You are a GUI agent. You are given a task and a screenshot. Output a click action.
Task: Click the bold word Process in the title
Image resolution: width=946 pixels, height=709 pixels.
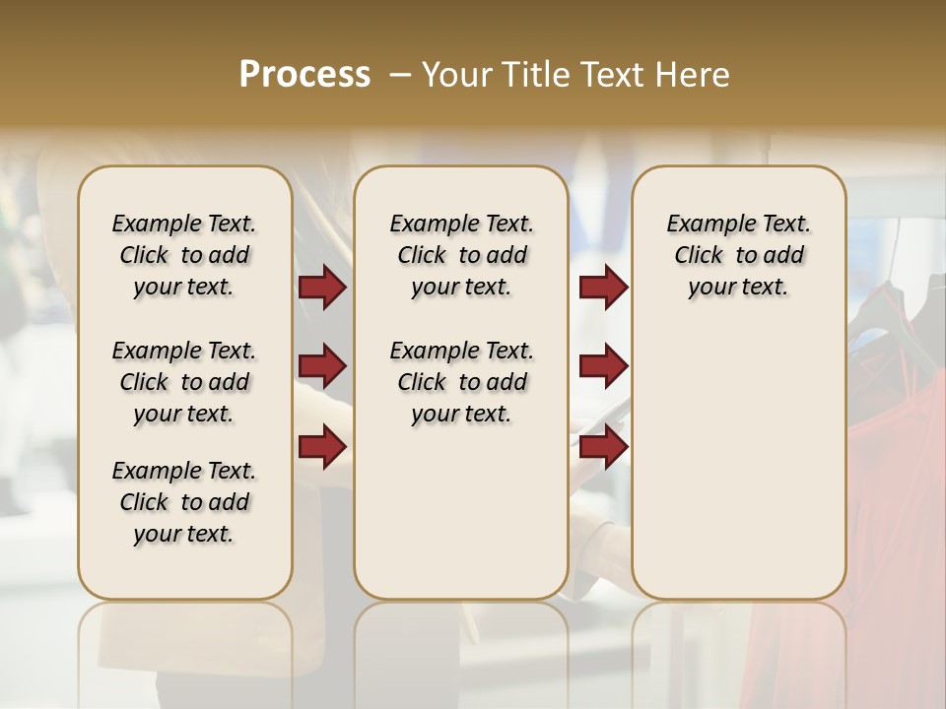[x=304, y=75]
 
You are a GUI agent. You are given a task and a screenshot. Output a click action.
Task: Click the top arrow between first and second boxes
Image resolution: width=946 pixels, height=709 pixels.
[x=322, y=287]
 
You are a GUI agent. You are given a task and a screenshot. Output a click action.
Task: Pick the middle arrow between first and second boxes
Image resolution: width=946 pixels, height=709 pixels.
[x=322, y=366]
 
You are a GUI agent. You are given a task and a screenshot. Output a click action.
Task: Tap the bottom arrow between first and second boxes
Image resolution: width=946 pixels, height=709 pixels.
[x=322, y=446]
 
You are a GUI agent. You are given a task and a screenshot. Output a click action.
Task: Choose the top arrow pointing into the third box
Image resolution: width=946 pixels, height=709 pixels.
[x=603, y=287]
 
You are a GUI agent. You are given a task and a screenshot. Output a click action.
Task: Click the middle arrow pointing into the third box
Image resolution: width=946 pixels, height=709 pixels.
[x=603, y=366]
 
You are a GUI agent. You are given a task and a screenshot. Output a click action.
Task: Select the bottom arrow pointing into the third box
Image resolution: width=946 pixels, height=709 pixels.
[x=603, y=446]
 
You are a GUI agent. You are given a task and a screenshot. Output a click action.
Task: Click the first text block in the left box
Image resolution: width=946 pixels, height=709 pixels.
[x=184, y=255]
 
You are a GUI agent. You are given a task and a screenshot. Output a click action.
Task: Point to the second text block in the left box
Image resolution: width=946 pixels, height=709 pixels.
[x=184, y=382]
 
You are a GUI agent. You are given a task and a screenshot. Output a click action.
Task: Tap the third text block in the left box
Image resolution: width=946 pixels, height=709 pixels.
[x=184, y=502]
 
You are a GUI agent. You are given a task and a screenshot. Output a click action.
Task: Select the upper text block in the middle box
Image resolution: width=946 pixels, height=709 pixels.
[x=461, y=255]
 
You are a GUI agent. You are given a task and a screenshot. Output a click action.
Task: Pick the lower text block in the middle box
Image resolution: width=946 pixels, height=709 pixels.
[x=461, y=382]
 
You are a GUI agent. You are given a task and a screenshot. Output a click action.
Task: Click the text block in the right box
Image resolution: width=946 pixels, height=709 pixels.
[x=738, y=255]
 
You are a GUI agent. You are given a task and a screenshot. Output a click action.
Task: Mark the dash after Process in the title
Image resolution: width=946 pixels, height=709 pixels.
[x=400, y=75]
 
